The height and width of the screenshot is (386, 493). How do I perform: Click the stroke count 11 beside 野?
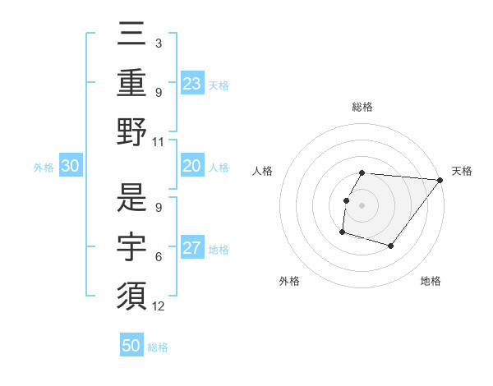[x=159, y=141]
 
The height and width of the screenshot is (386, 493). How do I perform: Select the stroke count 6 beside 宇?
[x=159, y=256]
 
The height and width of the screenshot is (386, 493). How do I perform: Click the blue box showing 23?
[x=192, y=84]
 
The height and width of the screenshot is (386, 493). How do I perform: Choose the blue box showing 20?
[x=192, y=166]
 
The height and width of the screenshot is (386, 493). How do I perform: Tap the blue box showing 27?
[x=192, y=248]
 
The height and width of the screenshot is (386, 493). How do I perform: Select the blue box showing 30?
[x=71, y=166]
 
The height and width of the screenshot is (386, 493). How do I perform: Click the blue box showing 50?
[x=131, y=346]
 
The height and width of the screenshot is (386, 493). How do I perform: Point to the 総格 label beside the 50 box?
[x=158, y=347]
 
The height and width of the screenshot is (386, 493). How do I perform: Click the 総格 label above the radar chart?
[x=362, y=107]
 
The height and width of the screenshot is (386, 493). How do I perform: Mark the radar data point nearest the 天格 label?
[x=440, y=180]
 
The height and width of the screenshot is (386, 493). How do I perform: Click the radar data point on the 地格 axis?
[x=392, y=246]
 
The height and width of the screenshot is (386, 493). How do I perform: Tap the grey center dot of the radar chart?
[x=362, y=205]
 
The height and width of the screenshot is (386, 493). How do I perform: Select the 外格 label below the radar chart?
[x=289, y=281]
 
